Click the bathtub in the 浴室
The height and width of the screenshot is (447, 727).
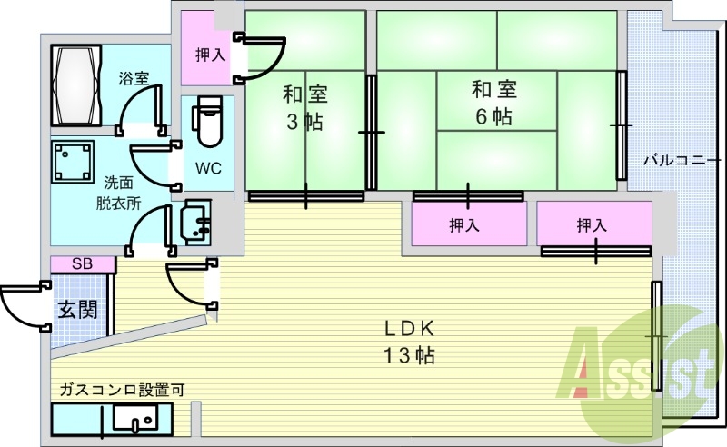point(76,84)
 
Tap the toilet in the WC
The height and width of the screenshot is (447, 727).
point(207,121)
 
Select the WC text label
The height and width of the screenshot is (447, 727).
point(208,168)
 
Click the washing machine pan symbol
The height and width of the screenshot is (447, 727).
point(73,162)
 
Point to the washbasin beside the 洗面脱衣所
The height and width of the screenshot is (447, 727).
point(197,222)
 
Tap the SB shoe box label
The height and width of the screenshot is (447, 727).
point(82,263)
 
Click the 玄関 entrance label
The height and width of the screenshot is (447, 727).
point(77,309)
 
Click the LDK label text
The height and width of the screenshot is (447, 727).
point(410,328)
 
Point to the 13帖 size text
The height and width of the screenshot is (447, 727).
point(408,355)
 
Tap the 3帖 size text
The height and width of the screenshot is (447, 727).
point(304,122)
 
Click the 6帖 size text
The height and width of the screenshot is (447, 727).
point(493,116)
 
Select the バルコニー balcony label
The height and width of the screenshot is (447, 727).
point(682,161)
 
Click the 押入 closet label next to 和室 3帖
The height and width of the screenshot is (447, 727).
point(210,55)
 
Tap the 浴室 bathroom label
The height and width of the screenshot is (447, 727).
point(134,78)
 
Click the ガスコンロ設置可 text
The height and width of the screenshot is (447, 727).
point(122,390)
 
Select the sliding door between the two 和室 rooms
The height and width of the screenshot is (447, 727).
point(371,132)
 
